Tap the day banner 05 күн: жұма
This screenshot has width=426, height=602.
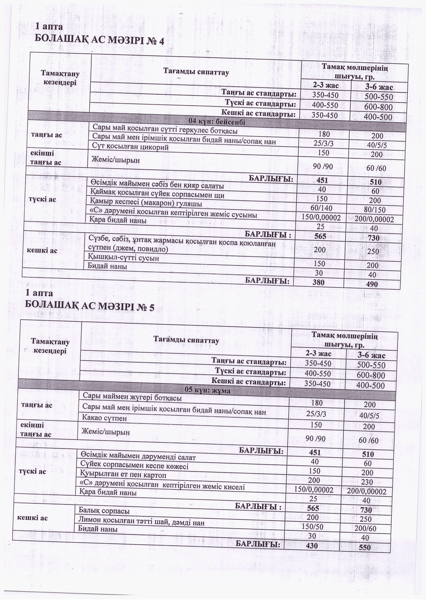[x=208, y=390]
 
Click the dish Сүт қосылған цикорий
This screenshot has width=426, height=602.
[x=130, y=147]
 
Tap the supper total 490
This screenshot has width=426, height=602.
[x=371, y=284]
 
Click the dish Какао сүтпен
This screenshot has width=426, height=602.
[x=104, y=418]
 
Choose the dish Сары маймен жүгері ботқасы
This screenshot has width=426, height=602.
[x=132, y=398]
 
